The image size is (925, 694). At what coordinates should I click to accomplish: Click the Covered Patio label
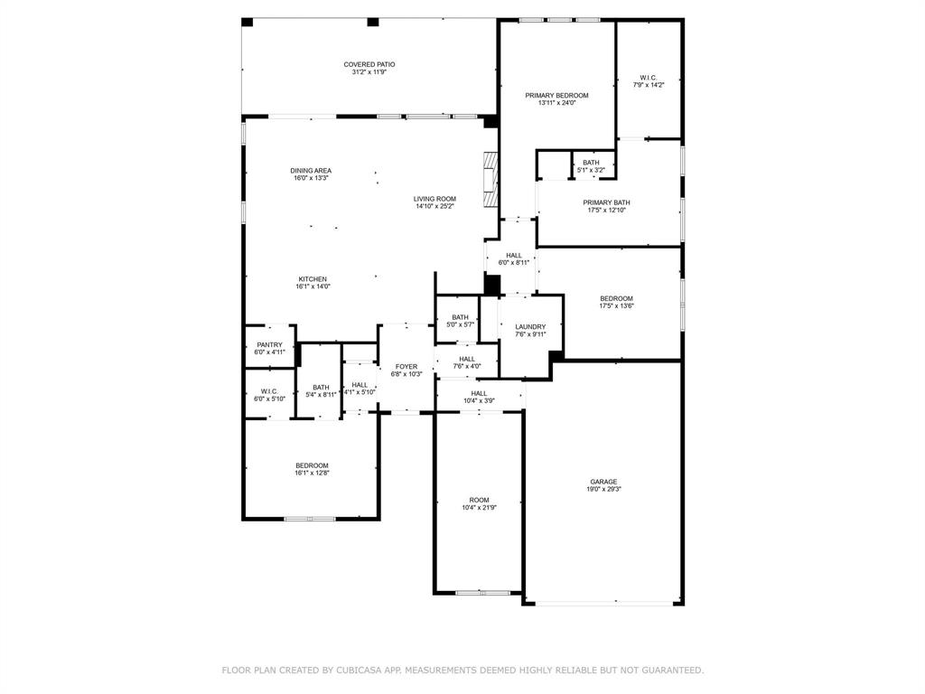[369, 64]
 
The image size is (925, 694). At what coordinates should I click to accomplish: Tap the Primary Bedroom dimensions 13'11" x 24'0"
[556, 103]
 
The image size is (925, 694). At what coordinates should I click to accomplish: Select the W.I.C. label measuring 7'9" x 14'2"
[648, 77]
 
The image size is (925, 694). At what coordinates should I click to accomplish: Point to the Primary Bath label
[606, 202]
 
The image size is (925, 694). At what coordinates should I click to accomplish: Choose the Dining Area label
[311, 171]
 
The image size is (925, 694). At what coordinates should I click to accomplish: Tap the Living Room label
[434, 199]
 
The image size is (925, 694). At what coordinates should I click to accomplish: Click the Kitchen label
[313, 279]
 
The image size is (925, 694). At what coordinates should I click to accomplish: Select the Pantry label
[269, 344]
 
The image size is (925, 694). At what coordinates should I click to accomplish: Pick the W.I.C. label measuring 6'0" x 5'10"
[268, 391]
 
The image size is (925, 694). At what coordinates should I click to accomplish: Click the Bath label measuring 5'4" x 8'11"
[321, 387]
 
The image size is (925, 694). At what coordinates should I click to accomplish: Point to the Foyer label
[406, 366]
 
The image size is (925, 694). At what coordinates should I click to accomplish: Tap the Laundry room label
[530, 326]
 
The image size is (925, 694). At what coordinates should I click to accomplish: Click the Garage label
[603, 482]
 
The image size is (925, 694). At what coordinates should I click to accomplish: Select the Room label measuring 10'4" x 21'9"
[479, 500]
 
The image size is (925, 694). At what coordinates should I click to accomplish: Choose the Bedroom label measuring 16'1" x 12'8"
[312, 465]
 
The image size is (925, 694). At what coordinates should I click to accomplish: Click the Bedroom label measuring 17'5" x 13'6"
[616, 298]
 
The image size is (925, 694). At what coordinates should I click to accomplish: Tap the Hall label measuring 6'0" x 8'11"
[514, 256]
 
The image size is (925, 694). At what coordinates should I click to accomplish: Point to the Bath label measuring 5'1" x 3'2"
[591, 163]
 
